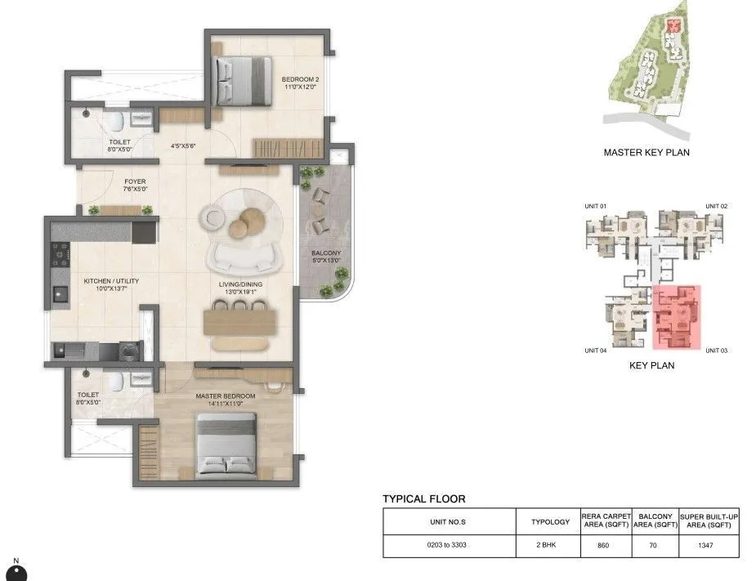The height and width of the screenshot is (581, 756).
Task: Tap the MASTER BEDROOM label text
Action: [225, 396]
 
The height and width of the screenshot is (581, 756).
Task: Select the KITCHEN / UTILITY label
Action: [111, 281]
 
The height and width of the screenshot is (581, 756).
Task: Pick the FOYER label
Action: [135, 182]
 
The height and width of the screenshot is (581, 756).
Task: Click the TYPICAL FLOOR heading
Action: [424, 498]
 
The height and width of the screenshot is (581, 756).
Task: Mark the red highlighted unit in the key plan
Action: [677, 317]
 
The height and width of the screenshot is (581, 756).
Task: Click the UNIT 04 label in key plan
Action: [596, 350]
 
